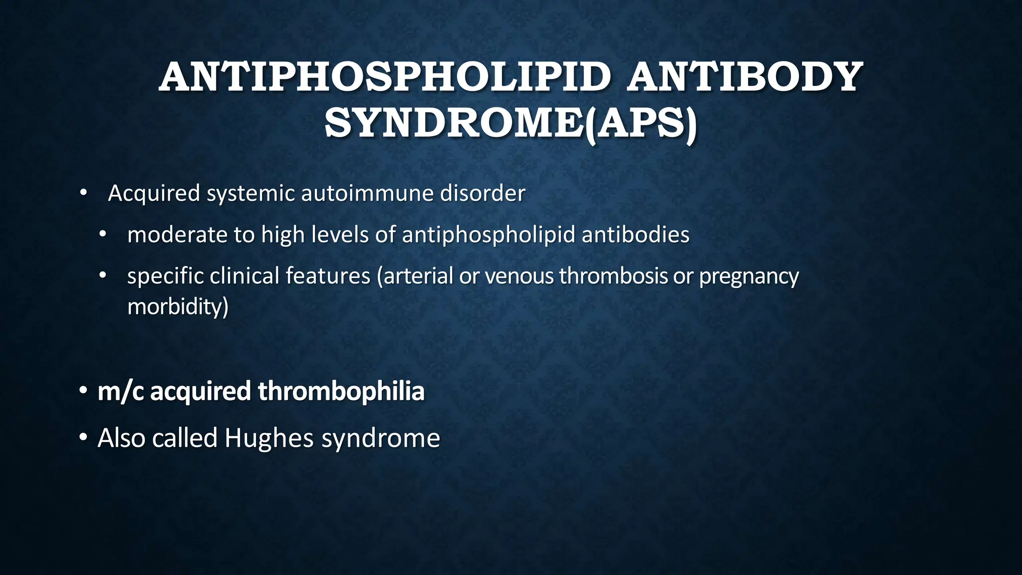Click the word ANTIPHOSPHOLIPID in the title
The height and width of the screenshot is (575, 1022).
[x=384, y=77]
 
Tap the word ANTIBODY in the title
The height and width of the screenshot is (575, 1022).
[x=745, y=77]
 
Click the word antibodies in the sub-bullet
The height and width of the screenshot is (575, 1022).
[x=635, y=235]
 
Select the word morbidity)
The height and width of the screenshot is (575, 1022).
[x=178, y=306]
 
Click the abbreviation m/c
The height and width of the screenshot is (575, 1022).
[x=120, y=391]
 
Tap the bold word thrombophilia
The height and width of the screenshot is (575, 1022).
[x=341, y=391]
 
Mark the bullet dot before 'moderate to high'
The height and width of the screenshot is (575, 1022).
[x=103, y=234]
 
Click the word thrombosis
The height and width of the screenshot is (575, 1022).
[x=613, y=276]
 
